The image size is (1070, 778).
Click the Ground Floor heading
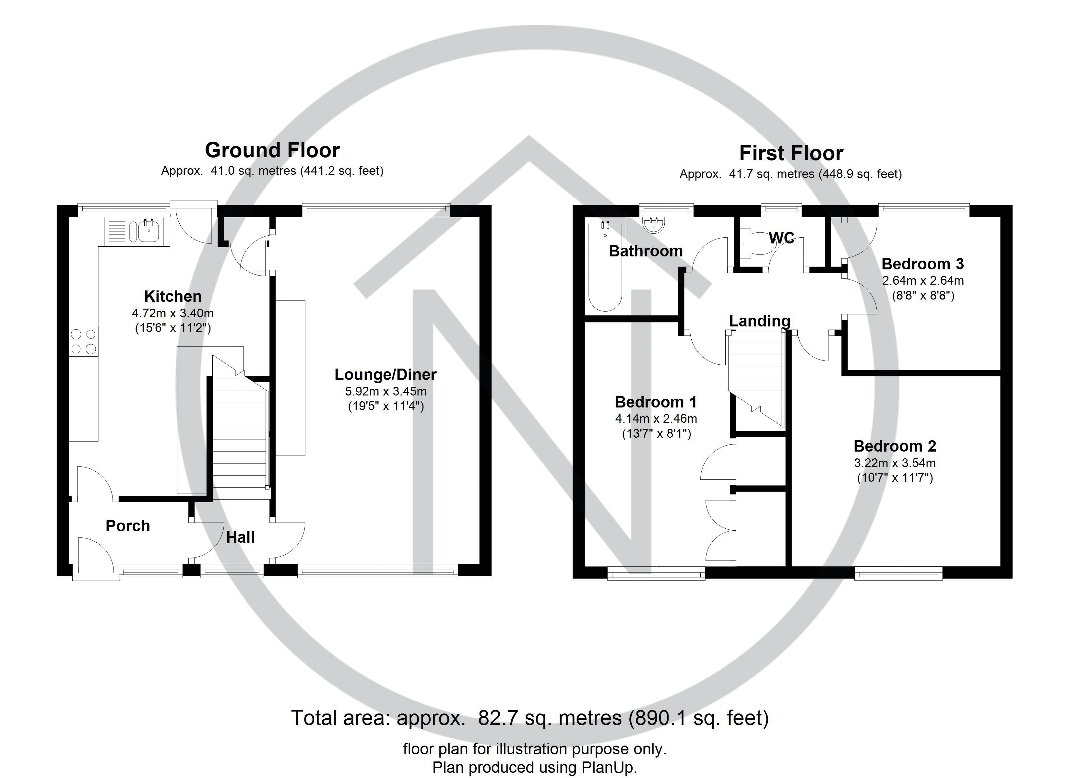[272, 150]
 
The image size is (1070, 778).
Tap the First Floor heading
[791, 153]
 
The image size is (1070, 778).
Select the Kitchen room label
[173, 296]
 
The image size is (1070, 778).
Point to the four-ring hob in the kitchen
[84, 342]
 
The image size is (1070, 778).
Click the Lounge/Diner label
[386, 375]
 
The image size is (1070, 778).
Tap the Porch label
[128, 525]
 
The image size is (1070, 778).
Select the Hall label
[240, 537]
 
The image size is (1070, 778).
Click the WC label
[781, 238]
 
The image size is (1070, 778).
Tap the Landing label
[760, 321]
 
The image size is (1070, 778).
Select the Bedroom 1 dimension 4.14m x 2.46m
[656, 418]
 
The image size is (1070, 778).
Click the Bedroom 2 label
[895, 446]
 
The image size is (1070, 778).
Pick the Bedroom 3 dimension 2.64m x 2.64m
[923, 281]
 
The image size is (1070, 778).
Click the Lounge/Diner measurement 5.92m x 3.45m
[386, 391]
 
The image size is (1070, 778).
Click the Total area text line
[530, 718]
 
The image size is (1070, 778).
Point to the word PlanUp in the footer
[609, 767]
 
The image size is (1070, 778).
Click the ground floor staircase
[239, 434]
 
